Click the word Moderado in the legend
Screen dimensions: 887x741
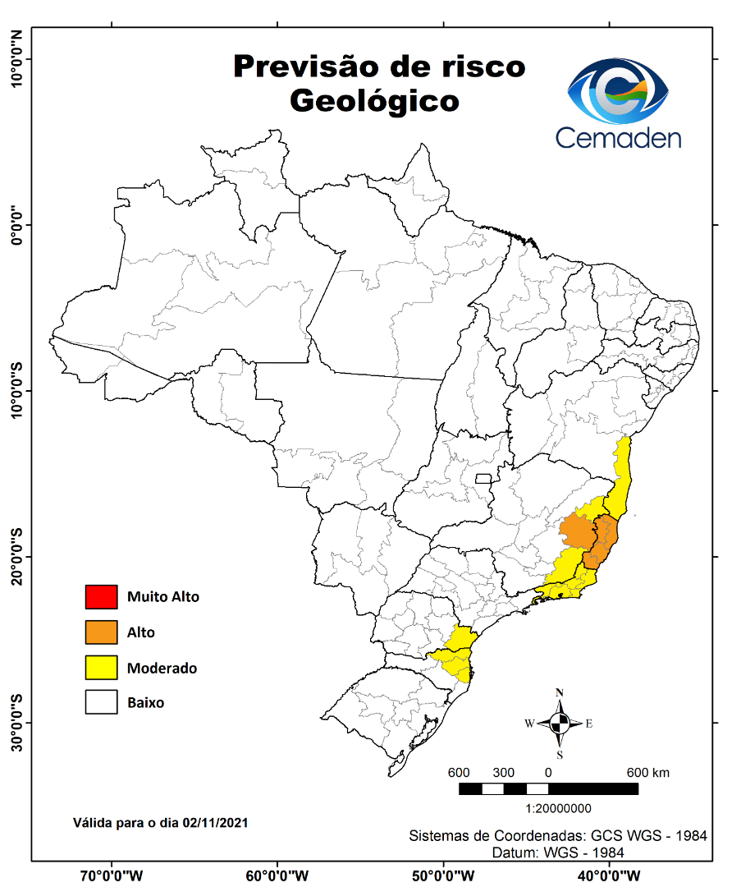[x=162, y=668]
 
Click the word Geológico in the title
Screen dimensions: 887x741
[x=373, y=100]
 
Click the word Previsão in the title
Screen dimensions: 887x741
[x=305, y=66]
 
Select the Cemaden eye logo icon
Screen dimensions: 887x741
[x=619, y=89]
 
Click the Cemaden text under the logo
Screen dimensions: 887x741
[x=619, y=136]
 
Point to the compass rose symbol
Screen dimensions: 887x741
[x=560, y=724]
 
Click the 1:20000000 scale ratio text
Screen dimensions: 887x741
[x=559, y=808]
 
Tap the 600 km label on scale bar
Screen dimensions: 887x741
[x=648, y=773]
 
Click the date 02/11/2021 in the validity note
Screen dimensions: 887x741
[x=216, y=821]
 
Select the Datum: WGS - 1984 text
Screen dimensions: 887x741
[x=558, y=853]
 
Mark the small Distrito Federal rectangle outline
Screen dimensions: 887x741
[x=483, y=478]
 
